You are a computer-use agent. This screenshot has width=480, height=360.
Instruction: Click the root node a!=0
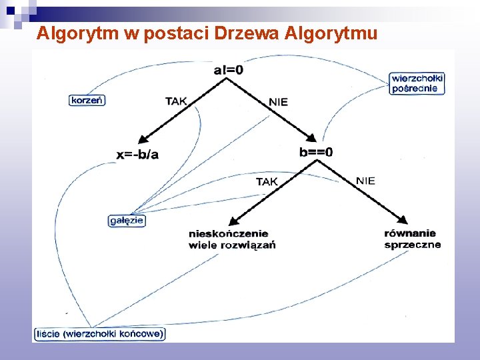click(228, 69)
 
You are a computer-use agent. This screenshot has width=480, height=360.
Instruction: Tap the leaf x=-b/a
click(138, 155)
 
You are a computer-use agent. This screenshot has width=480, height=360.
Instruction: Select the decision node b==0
click(316, 152)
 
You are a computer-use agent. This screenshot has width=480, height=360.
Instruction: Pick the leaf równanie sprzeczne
click(412, 239)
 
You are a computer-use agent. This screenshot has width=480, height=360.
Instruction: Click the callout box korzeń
click(87, 100)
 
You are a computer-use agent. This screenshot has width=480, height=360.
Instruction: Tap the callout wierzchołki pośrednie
click(417, 83)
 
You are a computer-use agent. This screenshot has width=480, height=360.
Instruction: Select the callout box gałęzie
click(127, 220)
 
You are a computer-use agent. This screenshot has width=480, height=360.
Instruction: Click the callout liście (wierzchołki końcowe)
click(99, 334)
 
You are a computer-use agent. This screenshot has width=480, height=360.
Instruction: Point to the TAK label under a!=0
click(176, 101)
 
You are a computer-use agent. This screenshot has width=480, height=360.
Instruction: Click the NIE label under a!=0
click(278, 102)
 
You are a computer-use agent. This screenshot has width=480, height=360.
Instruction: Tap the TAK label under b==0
click(267, 181)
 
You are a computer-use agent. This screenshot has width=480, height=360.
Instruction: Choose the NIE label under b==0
click(365, 180)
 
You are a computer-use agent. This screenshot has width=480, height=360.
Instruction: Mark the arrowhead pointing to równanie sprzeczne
click(402, 219)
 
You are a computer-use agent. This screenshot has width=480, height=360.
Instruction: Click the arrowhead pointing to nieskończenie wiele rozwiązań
click(233, 221)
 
